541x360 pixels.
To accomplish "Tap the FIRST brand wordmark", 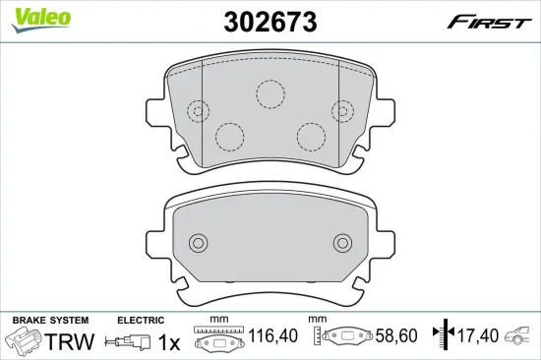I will point(489,23).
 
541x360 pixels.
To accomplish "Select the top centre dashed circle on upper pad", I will point(270,92).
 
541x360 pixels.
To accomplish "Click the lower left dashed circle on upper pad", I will point(229,137).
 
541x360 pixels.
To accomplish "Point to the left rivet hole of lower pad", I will point(199,242).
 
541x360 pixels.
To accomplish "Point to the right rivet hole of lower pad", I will point(341,242).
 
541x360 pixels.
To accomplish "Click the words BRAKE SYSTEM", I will point(49,321).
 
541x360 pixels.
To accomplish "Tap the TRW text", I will point(70,342).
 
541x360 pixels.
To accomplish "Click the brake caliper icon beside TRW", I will point(24,342).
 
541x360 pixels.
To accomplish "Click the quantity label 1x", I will point(169,342).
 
